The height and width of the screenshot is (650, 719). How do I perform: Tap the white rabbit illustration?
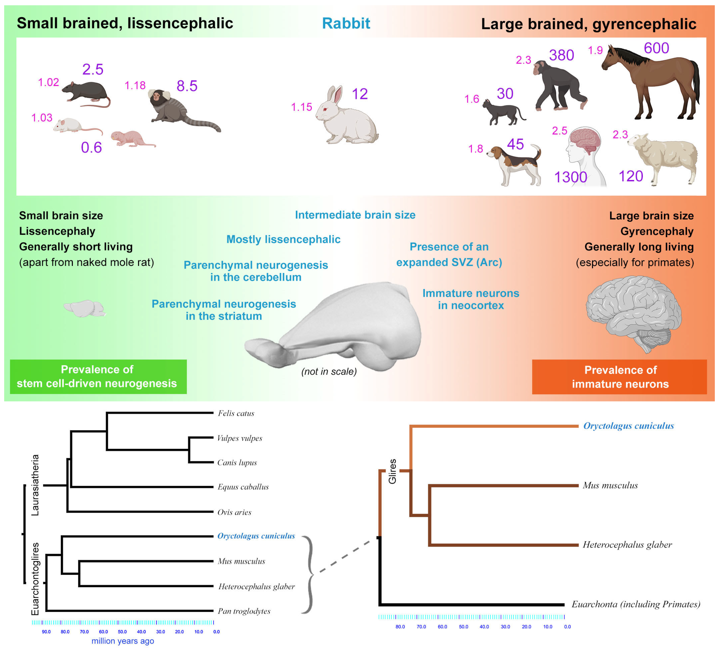(x=346, y=118)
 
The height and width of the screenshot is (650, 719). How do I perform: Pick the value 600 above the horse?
(x=656, y=48)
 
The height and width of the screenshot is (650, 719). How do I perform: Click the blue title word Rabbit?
(x=346, y=23)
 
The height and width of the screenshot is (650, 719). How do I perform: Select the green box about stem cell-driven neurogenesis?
(x=98, y=376)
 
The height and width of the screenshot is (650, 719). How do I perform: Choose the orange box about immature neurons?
(x=620, y=377)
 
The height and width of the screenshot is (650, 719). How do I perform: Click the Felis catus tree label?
(x=236, y=413)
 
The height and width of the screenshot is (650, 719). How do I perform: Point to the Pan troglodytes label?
(x=244, y=611)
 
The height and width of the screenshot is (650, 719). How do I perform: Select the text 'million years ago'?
(x=123, y=641)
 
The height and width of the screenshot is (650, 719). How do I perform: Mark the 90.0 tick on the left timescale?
(x=46, y=632)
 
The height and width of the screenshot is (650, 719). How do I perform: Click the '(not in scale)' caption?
(x=329, y=371)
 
